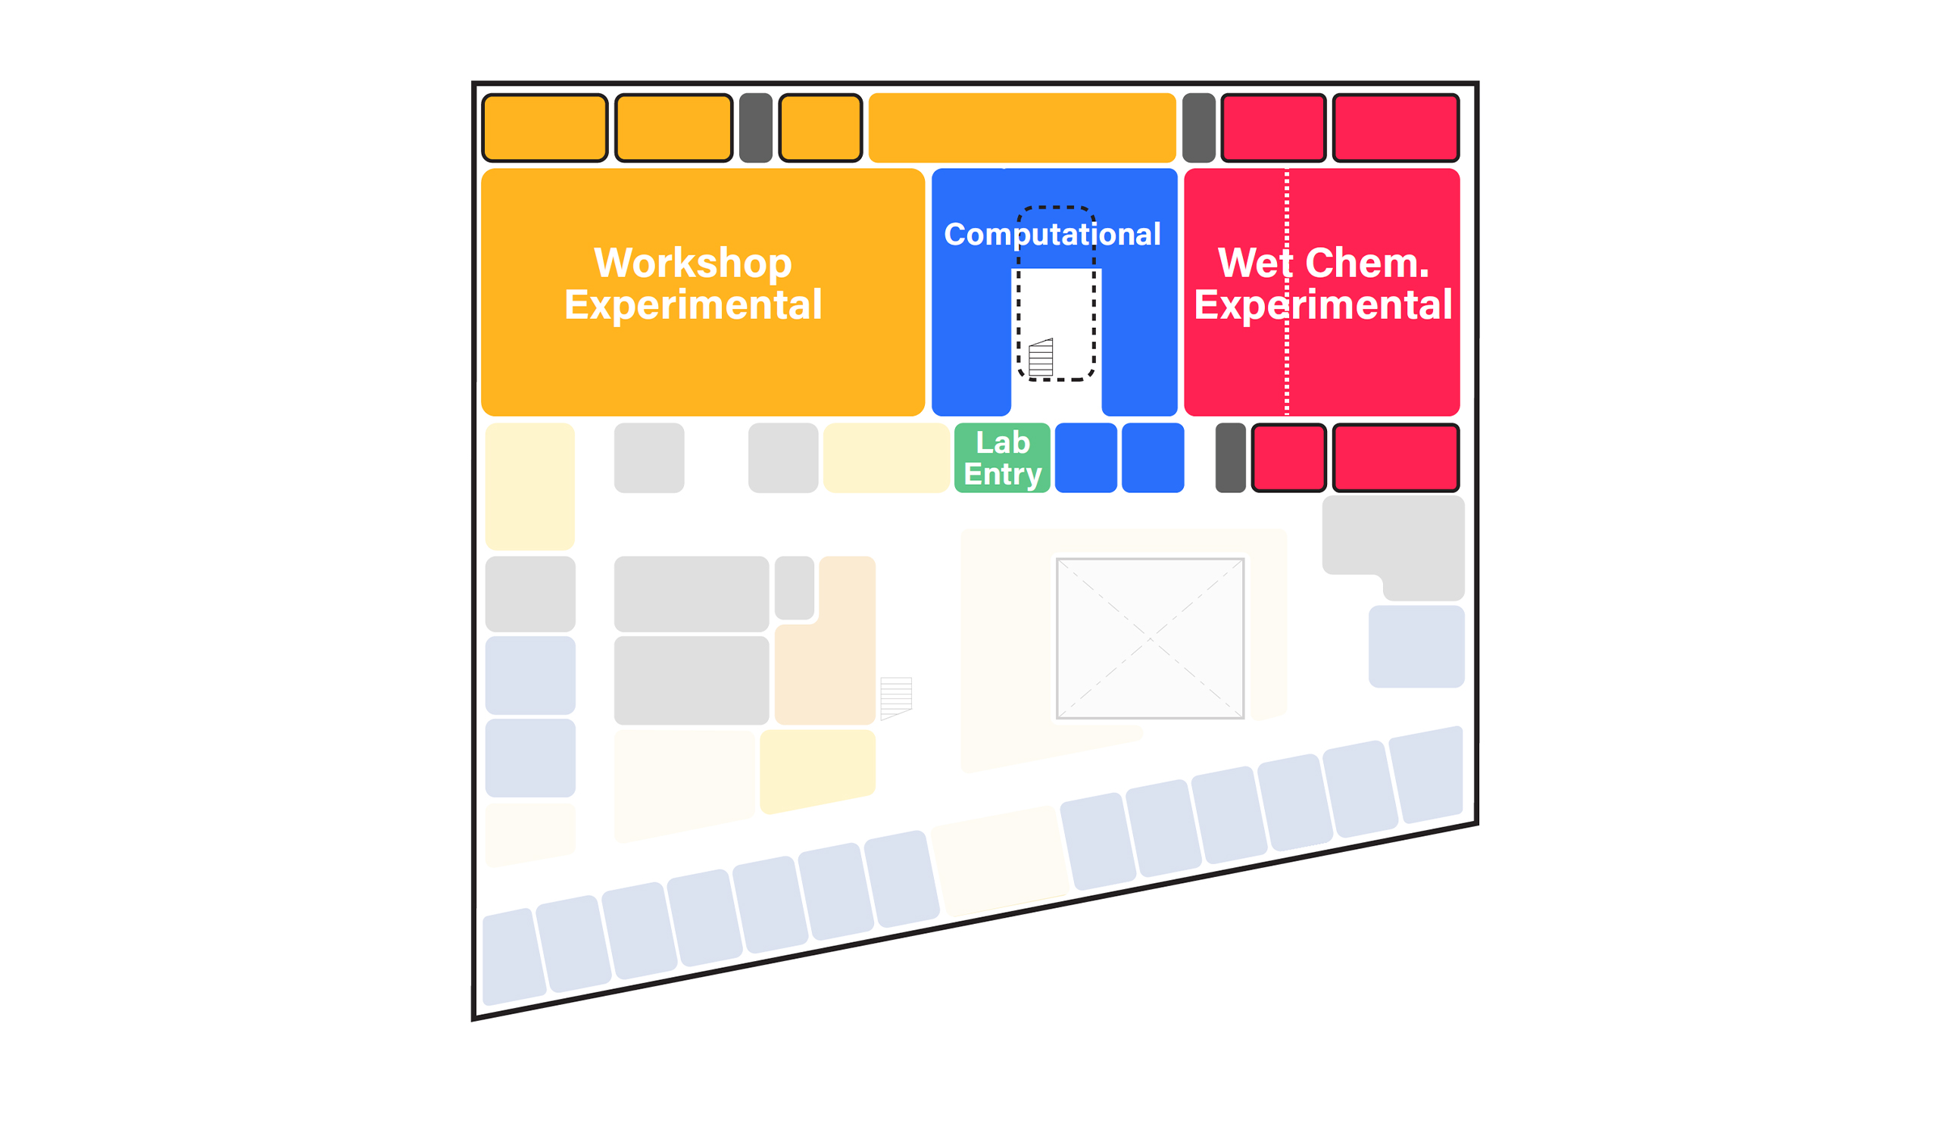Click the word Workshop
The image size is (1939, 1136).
pos(692,263)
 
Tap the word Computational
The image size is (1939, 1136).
pos(1052,235)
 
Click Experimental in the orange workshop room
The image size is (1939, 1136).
pos(692,304)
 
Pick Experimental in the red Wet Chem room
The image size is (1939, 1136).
pos(1322,304)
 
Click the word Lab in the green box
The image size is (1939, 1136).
pos(1002,443)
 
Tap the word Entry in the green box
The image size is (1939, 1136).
pos(1002,475)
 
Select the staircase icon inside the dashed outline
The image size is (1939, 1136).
pos(1040,357)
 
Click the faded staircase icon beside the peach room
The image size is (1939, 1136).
pos(895,698)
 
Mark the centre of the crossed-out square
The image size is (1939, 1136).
pos(1150,638)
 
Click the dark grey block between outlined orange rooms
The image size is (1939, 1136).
pos(756,128)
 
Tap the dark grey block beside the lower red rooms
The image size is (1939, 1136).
pos(1229,457)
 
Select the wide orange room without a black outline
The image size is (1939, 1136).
pos(1021,128)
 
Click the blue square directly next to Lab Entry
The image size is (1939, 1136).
pos(1085,457)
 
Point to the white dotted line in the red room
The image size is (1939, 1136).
pos(1287,361)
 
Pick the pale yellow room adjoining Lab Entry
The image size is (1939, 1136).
pos(885,457)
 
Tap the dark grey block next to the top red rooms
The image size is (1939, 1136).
pos(1198,128)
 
